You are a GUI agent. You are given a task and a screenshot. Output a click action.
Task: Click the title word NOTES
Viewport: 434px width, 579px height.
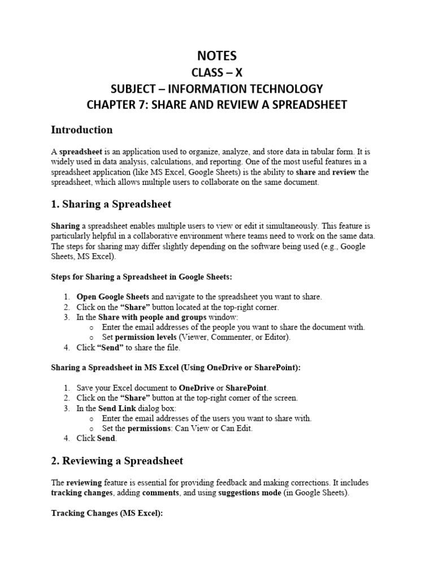217,55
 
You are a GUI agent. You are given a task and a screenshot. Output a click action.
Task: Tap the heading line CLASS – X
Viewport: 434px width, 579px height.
217,72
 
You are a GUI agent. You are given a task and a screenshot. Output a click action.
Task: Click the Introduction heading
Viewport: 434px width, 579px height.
81,130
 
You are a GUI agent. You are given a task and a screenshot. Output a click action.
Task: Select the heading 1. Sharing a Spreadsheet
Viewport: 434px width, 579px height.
111,204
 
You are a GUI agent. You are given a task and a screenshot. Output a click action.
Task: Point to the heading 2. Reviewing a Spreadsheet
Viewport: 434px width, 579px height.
117,461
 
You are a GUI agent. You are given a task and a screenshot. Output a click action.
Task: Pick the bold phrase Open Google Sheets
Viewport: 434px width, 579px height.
113,297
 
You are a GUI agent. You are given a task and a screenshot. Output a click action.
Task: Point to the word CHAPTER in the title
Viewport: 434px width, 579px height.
112,105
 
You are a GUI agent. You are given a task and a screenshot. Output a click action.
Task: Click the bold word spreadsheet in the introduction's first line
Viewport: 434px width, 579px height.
81,152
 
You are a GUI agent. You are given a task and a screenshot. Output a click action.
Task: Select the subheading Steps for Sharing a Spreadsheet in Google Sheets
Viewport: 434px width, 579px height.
142,276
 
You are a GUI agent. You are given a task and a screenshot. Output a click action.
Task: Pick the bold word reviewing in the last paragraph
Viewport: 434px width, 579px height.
84,483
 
